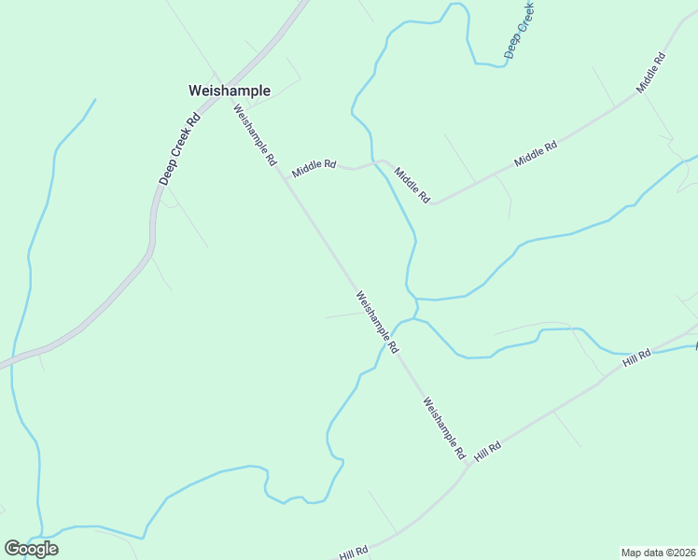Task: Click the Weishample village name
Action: click(230, 91)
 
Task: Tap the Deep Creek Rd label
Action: click(180, 149)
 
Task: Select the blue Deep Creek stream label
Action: click(520, 30)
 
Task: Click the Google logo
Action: click(31, 548)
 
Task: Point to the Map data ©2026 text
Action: click(658, 553)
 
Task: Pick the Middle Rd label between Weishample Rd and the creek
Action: click(314, 167)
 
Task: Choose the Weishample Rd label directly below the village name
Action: click(255, 134)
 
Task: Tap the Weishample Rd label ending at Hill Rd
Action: click(443, 428)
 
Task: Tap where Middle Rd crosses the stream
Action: click(376, 162)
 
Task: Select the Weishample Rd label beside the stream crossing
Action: click(377, 321)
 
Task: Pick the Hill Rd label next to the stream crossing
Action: click(638, 357)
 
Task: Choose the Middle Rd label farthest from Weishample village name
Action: click(651, 72)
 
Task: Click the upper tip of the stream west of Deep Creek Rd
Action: click(95, 99)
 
